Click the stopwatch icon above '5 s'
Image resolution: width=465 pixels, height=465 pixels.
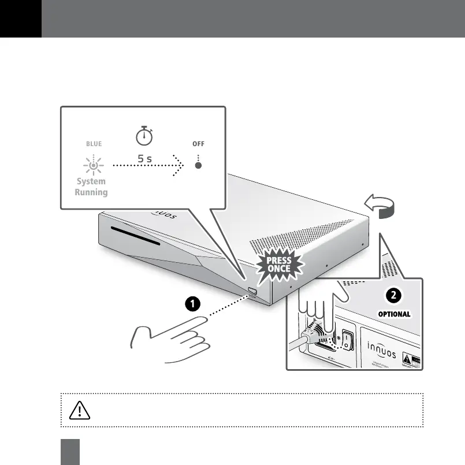pos(144,136)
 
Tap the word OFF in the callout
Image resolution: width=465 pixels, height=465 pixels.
pos(199,144)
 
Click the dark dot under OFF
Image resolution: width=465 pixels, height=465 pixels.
pos(199,166)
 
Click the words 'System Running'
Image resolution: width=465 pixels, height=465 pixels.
pos(91,187)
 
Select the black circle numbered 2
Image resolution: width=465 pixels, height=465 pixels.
pos(393,295)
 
